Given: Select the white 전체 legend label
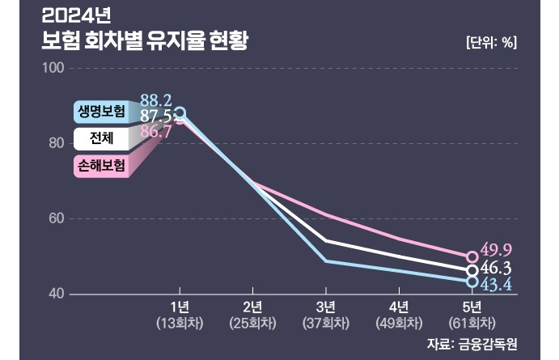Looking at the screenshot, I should [101, 138].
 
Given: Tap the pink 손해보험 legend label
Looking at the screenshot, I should [101, 166].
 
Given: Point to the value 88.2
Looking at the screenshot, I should [155, 100].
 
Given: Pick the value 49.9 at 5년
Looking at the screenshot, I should [497, 249].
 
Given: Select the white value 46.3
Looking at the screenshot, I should [497, 267].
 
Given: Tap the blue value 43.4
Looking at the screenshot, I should [497, 284].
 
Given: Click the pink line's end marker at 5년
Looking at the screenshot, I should [472, 257].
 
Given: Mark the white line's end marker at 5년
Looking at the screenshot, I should [472, 270].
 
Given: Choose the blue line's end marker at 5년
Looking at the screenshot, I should [472, 282].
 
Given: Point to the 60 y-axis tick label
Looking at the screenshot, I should [55, 218].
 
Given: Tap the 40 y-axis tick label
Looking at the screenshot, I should [55, 294].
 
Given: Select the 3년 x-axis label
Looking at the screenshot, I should [326, 306].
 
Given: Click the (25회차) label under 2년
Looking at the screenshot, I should [253, 322].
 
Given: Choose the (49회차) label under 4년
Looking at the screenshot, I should [399, 322].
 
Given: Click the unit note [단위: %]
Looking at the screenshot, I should [491, 43].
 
